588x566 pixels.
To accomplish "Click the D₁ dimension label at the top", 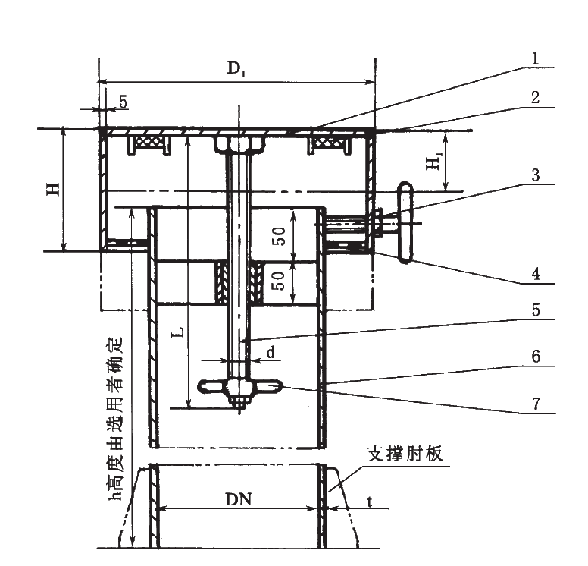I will coord(236,68).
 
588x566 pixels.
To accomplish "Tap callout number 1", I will coord(535,58).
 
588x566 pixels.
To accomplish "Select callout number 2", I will coord(535,97).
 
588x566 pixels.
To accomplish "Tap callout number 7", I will coord(535,404).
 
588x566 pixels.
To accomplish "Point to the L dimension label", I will coord(176,332).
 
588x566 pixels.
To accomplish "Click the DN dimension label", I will coord(237,498).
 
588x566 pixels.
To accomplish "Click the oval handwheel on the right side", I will coord(405,221).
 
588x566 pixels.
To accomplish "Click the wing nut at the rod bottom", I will coord(240,388).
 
